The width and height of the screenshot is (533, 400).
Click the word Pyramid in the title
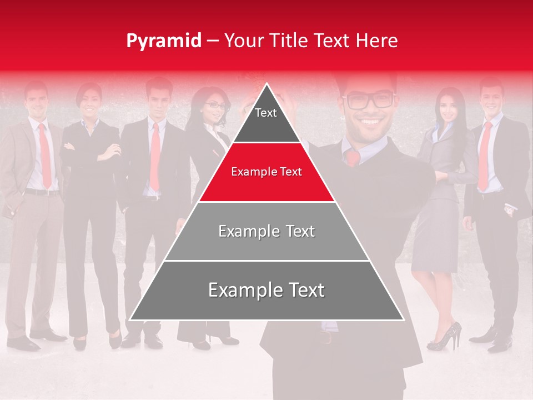click(x=163, y=41)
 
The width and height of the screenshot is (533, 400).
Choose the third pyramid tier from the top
click(x=266, y=231)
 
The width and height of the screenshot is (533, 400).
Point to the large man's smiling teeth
click(x=371, y=122)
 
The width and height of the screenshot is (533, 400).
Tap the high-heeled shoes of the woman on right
click(x=447, y=336)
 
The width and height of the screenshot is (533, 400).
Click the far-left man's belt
click(x=41, y=192)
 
